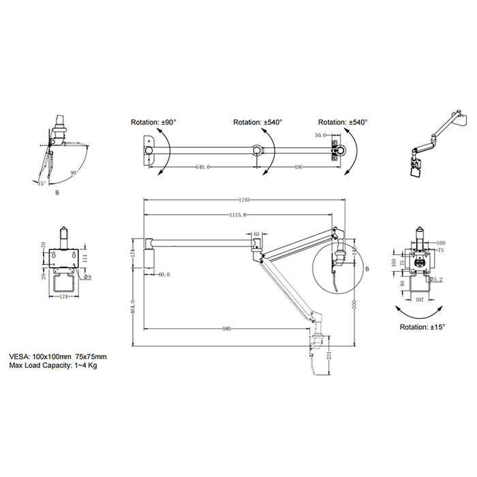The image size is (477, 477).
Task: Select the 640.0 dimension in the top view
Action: (202, 166)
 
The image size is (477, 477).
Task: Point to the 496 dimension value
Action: (299, 166)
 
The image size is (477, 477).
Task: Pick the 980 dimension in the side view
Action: (227, 328)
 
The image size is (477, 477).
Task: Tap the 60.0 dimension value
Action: (164, 275)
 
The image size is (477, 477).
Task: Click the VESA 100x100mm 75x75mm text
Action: (59, 356)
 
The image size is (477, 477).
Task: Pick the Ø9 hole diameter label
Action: (89, 277)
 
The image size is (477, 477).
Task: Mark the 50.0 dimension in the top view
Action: (321, 136)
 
